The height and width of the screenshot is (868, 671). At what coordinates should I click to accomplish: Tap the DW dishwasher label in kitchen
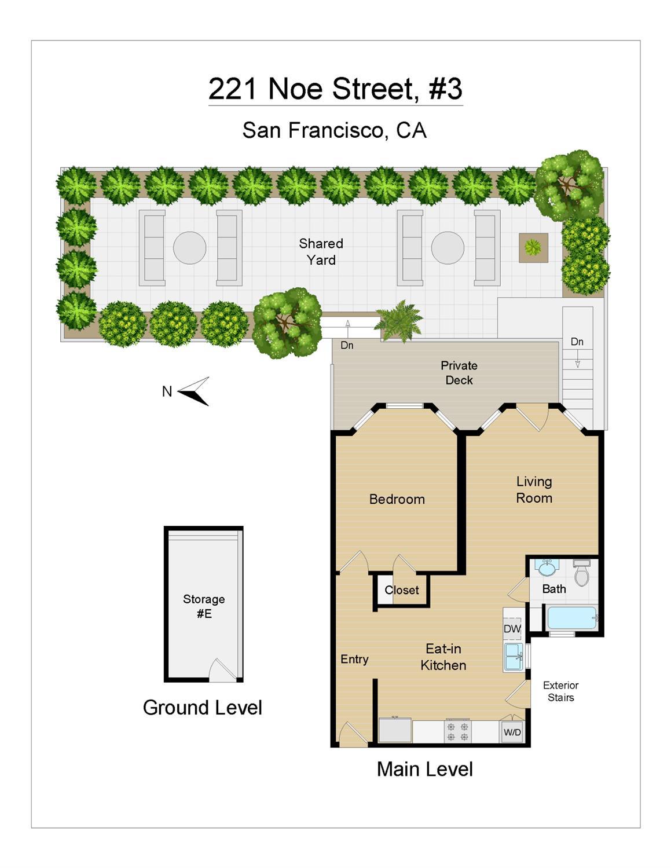point(512,629)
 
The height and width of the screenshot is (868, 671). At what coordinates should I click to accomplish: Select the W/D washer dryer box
point(512,732)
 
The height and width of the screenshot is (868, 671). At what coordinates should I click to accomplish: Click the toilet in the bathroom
point(581,573)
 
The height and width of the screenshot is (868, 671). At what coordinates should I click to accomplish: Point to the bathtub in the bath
point(571,618)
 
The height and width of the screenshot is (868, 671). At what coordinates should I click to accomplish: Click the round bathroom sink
point(547,569)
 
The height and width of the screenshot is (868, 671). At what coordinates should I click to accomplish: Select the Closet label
point(401,590)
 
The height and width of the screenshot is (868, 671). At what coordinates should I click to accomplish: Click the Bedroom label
point(397,499)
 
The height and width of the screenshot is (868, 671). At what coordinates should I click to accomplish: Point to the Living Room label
point(534,490)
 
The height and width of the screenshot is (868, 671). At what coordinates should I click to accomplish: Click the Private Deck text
point(459,373)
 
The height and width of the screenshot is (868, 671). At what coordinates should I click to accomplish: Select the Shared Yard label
point(321,252)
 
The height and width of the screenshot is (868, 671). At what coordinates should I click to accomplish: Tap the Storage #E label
point(204,606)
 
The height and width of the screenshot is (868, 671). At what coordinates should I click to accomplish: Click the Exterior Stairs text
point(560,691)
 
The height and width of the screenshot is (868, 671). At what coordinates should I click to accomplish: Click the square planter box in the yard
point(533,248)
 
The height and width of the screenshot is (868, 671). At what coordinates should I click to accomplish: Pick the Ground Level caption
point(202,708)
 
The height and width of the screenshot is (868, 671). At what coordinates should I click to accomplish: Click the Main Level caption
point(424,770)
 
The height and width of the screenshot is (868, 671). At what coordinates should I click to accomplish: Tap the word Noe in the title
point(296,89)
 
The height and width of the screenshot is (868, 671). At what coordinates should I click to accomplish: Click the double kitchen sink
point(513,657)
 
